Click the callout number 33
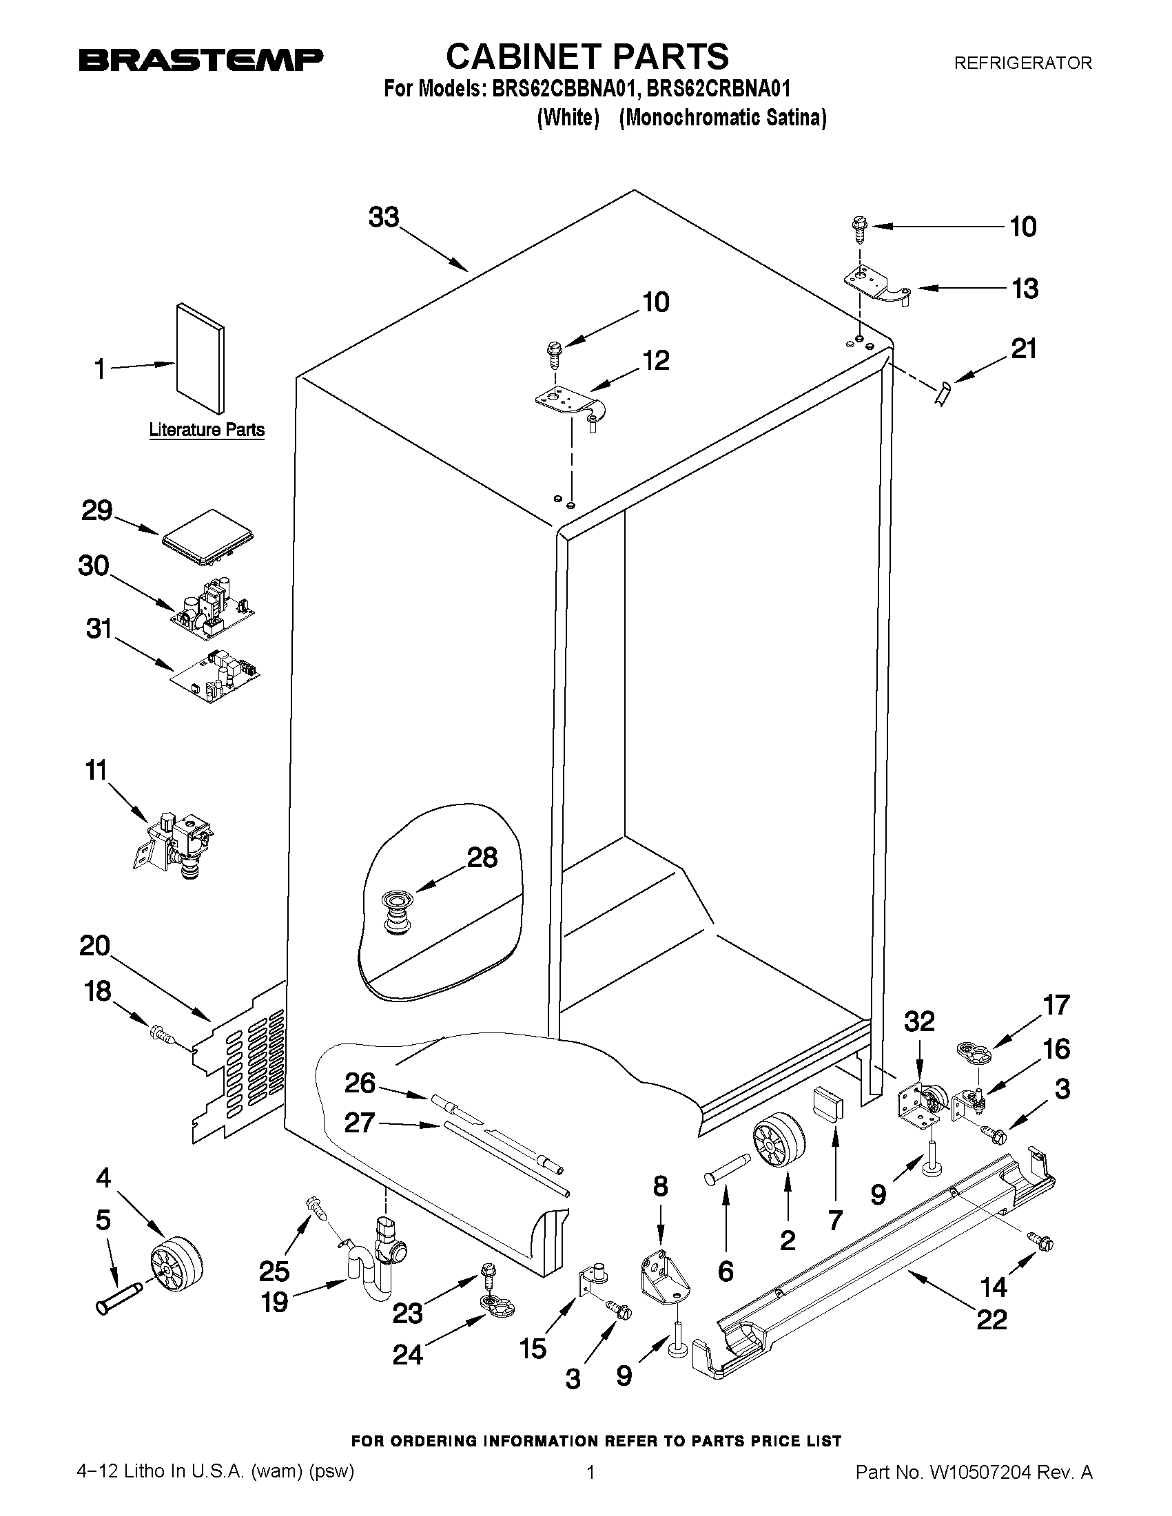[384, 217]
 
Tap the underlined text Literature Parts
[207, 430]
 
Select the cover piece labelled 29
[207, 535]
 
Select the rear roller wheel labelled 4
[176, 1269]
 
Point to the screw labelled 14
[1041, 1243]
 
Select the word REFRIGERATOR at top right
[1022, 63]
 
